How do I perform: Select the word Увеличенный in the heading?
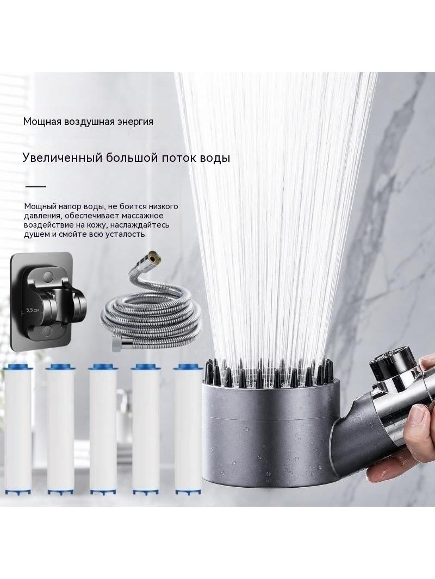[62, 158]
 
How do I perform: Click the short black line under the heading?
[35, 186]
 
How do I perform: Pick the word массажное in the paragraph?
[142, 216]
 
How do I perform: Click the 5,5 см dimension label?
[33, 310]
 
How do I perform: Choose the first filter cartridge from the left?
[18, 430]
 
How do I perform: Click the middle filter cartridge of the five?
[103, 430]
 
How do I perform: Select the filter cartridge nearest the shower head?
[189, 430]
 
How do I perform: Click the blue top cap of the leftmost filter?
[18, 367]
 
